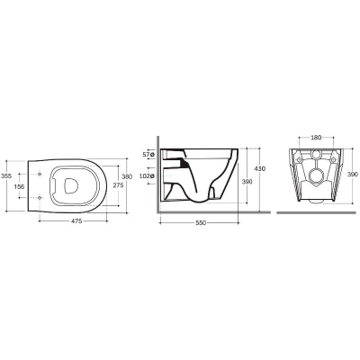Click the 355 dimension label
[6, 176]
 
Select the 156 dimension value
[19, 186]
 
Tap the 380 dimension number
[127, 176]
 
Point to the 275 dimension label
[118, 185]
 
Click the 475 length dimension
[76, 221]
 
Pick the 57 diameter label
[148, 155]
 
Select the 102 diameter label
[147, 176]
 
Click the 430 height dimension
[260, 168]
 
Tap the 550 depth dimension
[201, 223]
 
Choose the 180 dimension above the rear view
[316, 138]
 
